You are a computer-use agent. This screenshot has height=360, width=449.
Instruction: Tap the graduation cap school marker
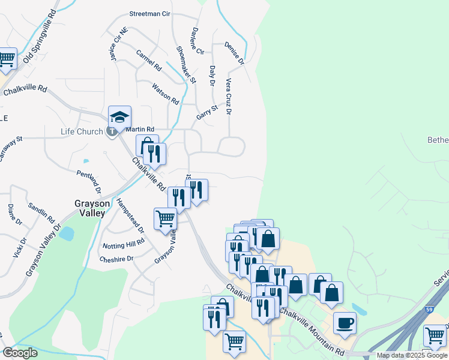[119, 116]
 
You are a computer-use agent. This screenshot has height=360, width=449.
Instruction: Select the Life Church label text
[82, 131]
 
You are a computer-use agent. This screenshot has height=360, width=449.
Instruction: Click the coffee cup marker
[344, 322]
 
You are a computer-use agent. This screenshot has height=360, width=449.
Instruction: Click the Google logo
[20, 353]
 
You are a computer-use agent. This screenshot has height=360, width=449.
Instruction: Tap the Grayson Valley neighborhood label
[92, 208]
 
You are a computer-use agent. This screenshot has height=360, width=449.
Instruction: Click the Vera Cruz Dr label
[229, 95]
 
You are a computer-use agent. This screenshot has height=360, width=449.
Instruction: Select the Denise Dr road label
[235, 53]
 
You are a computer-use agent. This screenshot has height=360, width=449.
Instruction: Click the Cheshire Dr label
[117, 259]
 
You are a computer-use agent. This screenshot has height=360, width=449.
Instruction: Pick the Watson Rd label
[166, 94]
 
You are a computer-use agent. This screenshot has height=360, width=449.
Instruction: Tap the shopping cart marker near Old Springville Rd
[7, 58]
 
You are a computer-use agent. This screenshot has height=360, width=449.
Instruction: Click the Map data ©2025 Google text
[412, 355]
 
